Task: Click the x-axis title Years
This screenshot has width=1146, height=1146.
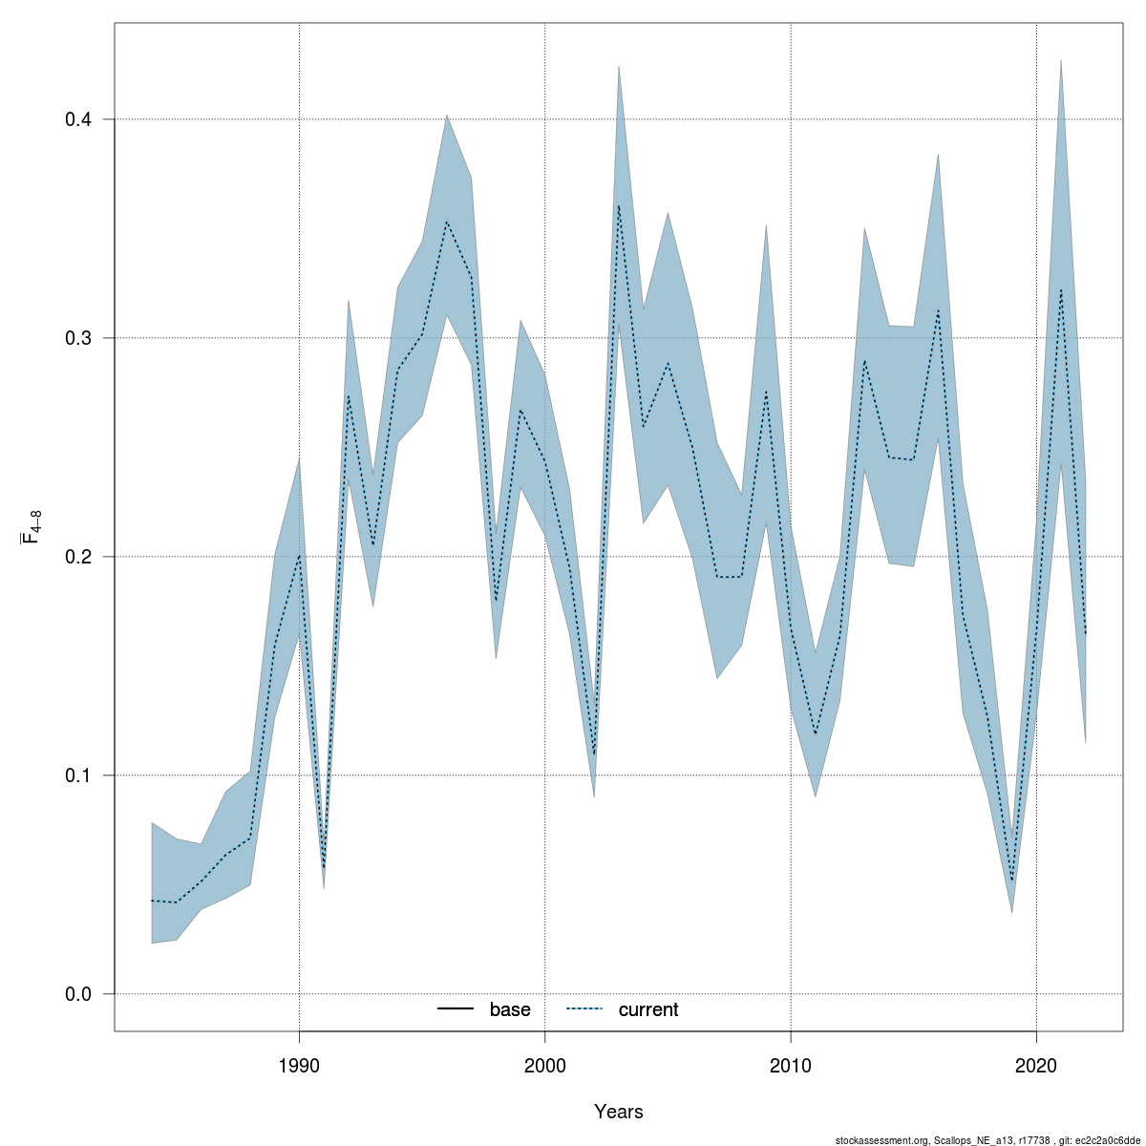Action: point(619,1112)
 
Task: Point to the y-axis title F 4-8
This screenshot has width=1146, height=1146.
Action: point(30,527)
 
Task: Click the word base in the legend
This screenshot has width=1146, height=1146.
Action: point(510,1009)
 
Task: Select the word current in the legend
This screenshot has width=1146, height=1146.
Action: point(648,1009)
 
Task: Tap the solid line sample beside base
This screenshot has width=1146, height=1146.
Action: point(456,1009)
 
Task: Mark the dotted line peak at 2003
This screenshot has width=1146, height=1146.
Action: point(619,205)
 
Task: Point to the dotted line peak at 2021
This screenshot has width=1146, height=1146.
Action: point(1061,289)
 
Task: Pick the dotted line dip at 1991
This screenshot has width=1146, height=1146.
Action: point(325,868)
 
